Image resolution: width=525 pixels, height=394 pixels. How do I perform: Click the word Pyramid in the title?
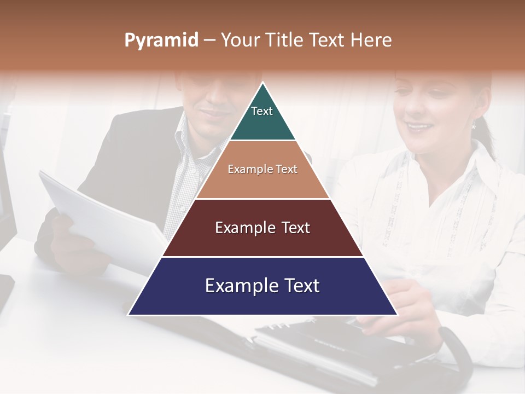[x=161, y=40]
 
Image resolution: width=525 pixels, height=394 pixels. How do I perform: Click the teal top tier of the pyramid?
[x=262, y=118]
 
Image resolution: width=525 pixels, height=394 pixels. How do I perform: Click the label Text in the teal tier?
[x=261, y=111]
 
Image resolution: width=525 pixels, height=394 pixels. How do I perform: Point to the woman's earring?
[x=474, y=125]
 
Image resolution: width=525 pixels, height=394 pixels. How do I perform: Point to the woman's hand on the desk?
[x=399, y=306]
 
